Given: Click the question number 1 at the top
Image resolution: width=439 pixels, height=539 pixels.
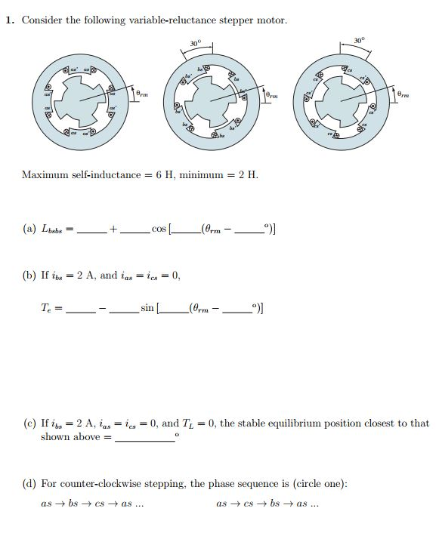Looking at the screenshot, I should (9, 20).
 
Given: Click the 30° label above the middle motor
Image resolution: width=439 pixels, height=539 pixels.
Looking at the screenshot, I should (194, 43).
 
